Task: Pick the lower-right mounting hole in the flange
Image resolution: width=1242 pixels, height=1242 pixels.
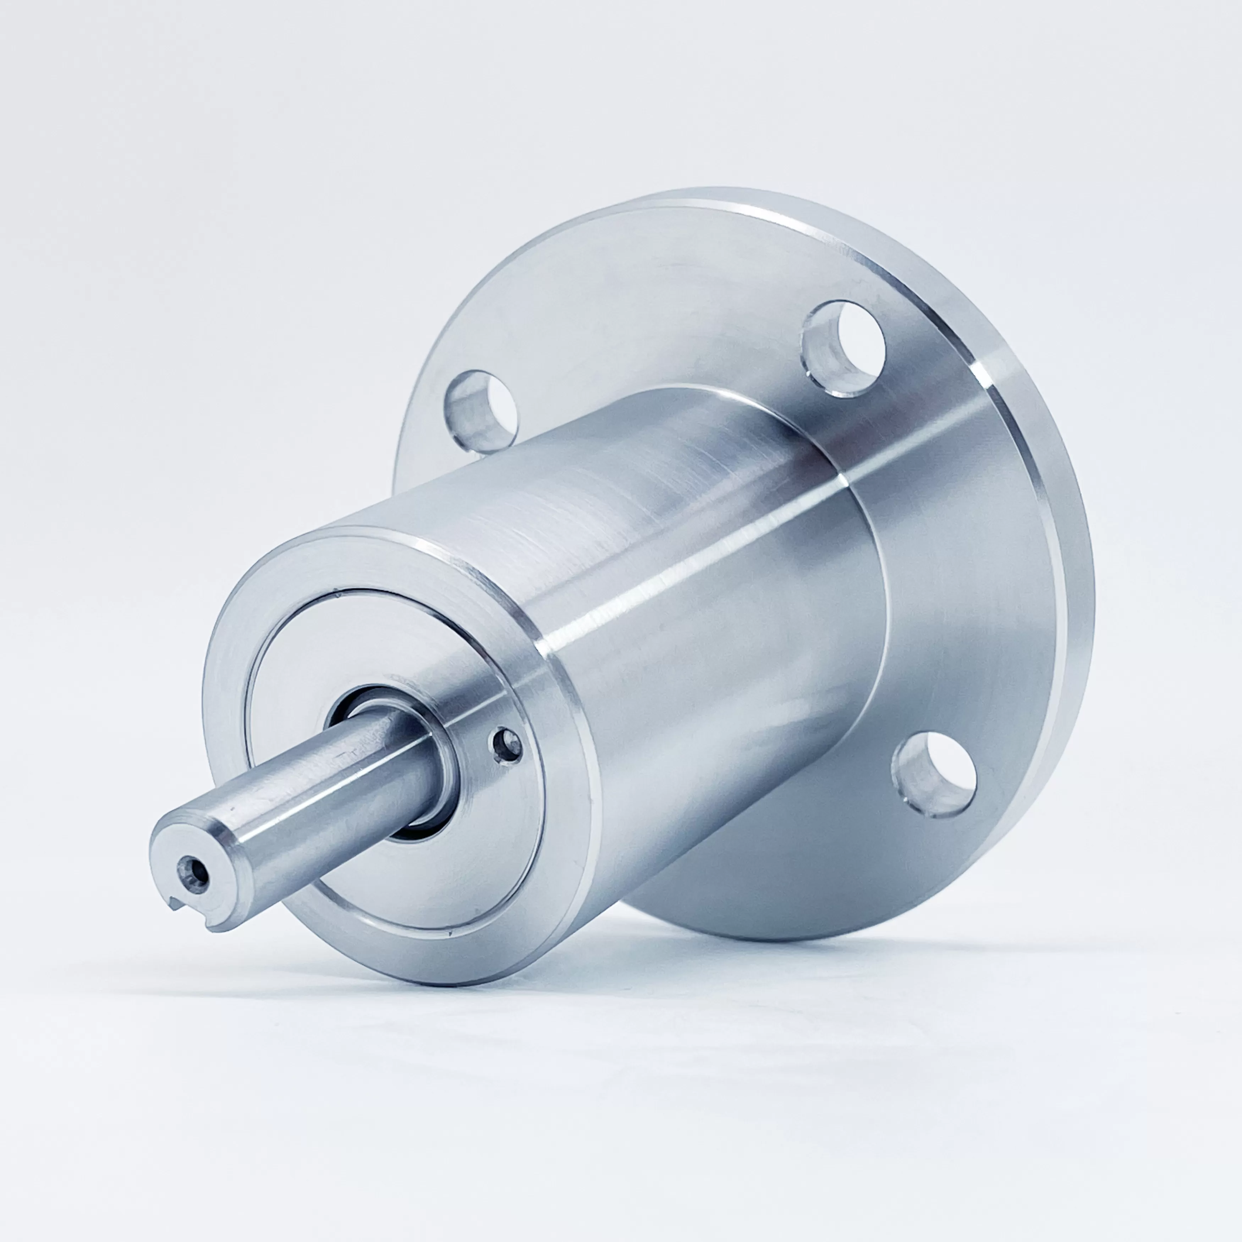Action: (x=934, y=776)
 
